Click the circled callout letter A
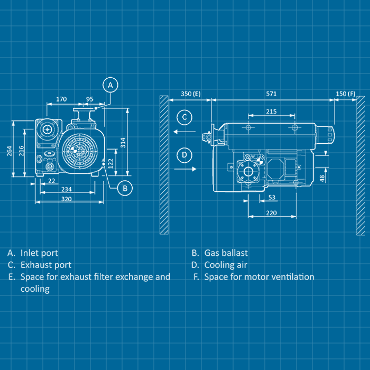pyautogui.click(x=110, y=85)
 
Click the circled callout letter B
pyautogui.click(x=125, y=187)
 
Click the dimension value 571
pyautogui.click(x=271, y=94)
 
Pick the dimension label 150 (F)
pyautogui.click(x=346, y=94)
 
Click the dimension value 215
pyautogui.click(x=271, y=111)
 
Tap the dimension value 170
pyautogui.click(x=61, y=99)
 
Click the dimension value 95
pyautogui.click(x=89, y=99)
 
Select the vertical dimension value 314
pyautogui.click(x=123, y=143)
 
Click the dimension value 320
pyautogui.click(x=67, y=199)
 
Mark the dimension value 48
pyautogui.click(x=322, y=178)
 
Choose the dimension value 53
pyautogui.click(x=272, y=197)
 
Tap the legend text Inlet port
pyautogui.click(x=39, y=253)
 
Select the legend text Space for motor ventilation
pyautogui.click(x=259, y=277)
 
